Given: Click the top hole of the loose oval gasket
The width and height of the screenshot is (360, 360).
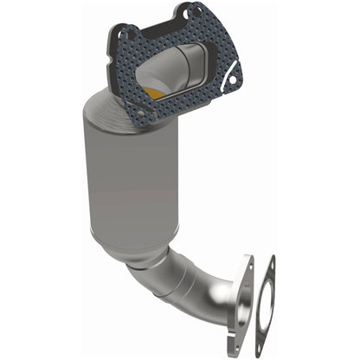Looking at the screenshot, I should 269,263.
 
